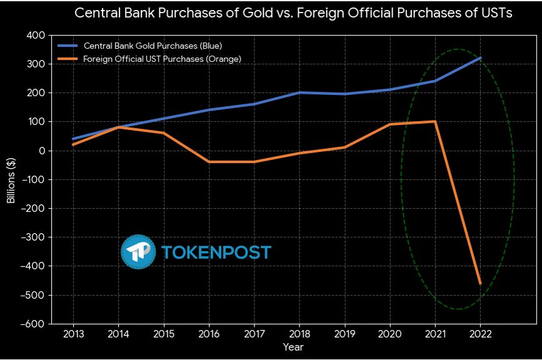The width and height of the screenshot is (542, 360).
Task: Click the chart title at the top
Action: point(293,14)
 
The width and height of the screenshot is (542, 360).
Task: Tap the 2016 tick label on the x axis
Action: point(209,334)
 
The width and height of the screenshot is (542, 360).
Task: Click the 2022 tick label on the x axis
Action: point(480,334)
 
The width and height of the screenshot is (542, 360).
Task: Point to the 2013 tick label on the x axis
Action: point(74,334)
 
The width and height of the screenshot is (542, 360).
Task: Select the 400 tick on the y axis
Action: point(36,36)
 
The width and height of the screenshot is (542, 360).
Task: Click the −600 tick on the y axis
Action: point(33,324)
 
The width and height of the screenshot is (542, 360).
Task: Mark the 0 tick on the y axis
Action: point(41,151)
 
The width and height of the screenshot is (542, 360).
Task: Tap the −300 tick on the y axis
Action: point(33,237)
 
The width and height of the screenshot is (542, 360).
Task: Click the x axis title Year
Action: point(293,347)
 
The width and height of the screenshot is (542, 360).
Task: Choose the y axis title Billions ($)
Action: point(11,180)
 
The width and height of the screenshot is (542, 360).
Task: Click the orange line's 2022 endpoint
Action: point(480,284)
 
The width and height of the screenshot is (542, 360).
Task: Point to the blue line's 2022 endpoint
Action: point(480,58)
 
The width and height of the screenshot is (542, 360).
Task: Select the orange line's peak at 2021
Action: point(435,121)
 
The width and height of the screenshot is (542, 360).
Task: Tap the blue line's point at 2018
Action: point(299,92)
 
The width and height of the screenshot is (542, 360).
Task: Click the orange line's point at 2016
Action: point(209,162)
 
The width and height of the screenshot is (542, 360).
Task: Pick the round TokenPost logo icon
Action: point(138,252)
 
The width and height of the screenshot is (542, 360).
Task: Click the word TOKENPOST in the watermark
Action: point(216,252)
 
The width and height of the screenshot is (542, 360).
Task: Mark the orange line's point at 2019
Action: point(344,147)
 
